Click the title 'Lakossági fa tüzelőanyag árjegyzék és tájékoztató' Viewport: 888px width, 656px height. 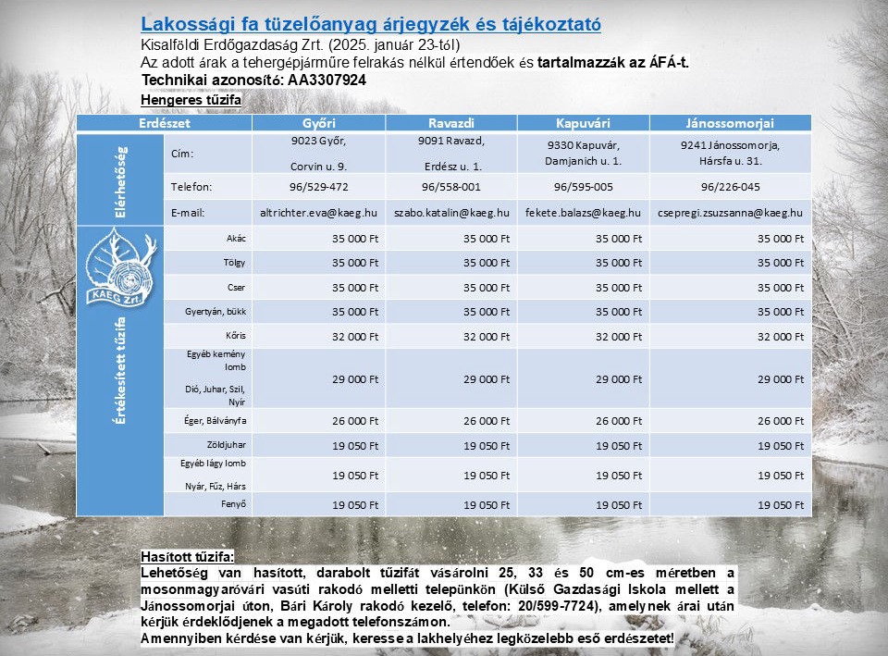(x=371, y=25)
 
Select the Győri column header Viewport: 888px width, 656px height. (x=318, y=122)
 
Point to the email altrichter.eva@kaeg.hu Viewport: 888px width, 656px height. (x=319, y=213)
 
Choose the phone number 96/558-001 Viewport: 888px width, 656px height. (x=450, y=186)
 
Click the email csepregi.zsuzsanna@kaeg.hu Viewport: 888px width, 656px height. (x=743, y=213)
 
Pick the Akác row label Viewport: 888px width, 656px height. (x=236, y=238)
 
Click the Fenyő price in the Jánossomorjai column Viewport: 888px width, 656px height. (x=781, y=505)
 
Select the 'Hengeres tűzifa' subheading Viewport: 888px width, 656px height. (x=191, y=99)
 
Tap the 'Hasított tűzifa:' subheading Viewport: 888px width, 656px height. (x=188, y=557)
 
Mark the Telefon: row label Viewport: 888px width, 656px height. (x=191, y=186)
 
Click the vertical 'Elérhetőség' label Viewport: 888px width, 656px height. (x=122, y=179)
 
